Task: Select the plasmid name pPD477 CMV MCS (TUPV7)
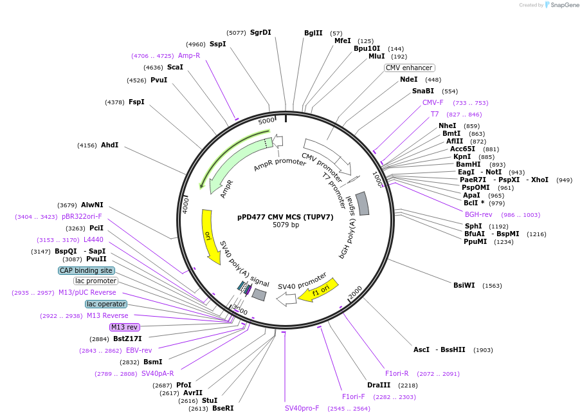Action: pyautogui.click(x=286, y=217)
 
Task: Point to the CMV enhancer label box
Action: pyautogui.click(x=409, y=68)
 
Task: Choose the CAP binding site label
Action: pyautogui.click(x=86, y=270)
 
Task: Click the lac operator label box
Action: pyautogui.click(x=106, y=304)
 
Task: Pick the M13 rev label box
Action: pyautogui.click(x=124, y=327)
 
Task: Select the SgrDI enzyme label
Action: pyautogui.click(x=260, y=32)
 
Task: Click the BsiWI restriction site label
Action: pyautogui.click(x=464, y=285)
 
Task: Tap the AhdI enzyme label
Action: pyautogui.click(x=109, y=145)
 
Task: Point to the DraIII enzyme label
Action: pyautogui.click(x=379, y=385)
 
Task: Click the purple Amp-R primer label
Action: pyautogui.click(x=189, y=55)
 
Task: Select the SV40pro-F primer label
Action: pyautogui.click(x=302, y=408)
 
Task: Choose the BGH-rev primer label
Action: pyautogui.click(x=478, y=214)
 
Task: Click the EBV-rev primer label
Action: pyautogui.click(x=139, y=350)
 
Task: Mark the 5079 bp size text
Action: pyautogui.click(x=286, y=225)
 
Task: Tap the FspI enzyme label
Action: pyautogui.click(x=136, y=102)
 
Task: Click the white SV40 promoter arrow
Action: pyautogui.click(x=286, y=299)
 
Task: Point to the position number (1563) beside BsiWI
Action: pyautogui.click(x=492, y=285)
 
